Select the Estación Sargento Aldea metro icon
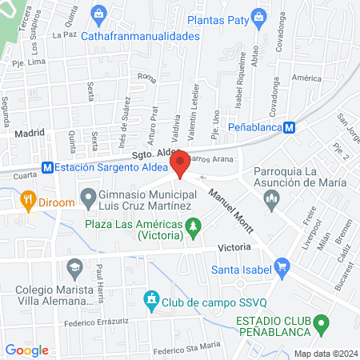click(48, 168)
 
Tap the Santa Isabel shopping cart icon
click(281, 266)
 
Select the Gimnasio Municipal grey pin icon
click(88, 195)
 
